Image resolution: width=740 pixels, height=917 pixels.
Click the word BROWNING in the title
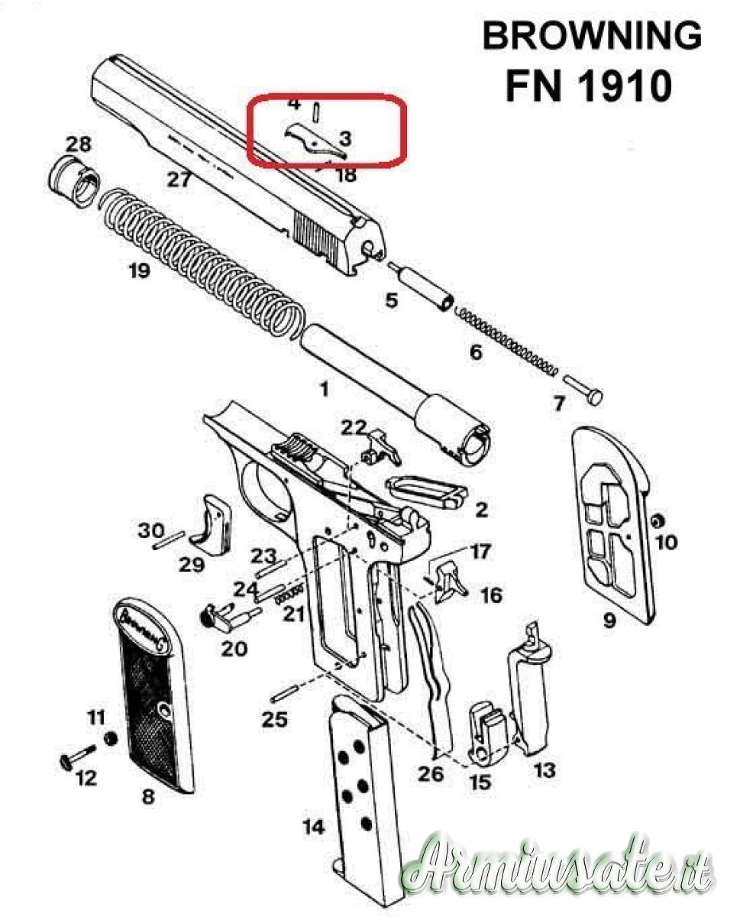[591, 36]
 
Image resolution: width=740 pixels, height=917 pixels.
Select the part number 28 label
[79, 144]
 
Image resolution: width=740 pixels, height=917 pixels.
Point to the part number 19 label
[139, 271]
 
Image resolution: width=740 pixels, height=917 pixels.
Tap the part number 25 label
[274, 719]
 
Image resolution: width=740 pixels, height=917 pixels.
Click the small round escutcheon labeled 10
[657, 521]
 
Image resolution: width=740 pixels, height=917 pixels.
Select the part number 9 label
[609, 621]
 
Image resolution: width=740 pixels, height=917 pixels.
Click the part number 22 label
[354, 427]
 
